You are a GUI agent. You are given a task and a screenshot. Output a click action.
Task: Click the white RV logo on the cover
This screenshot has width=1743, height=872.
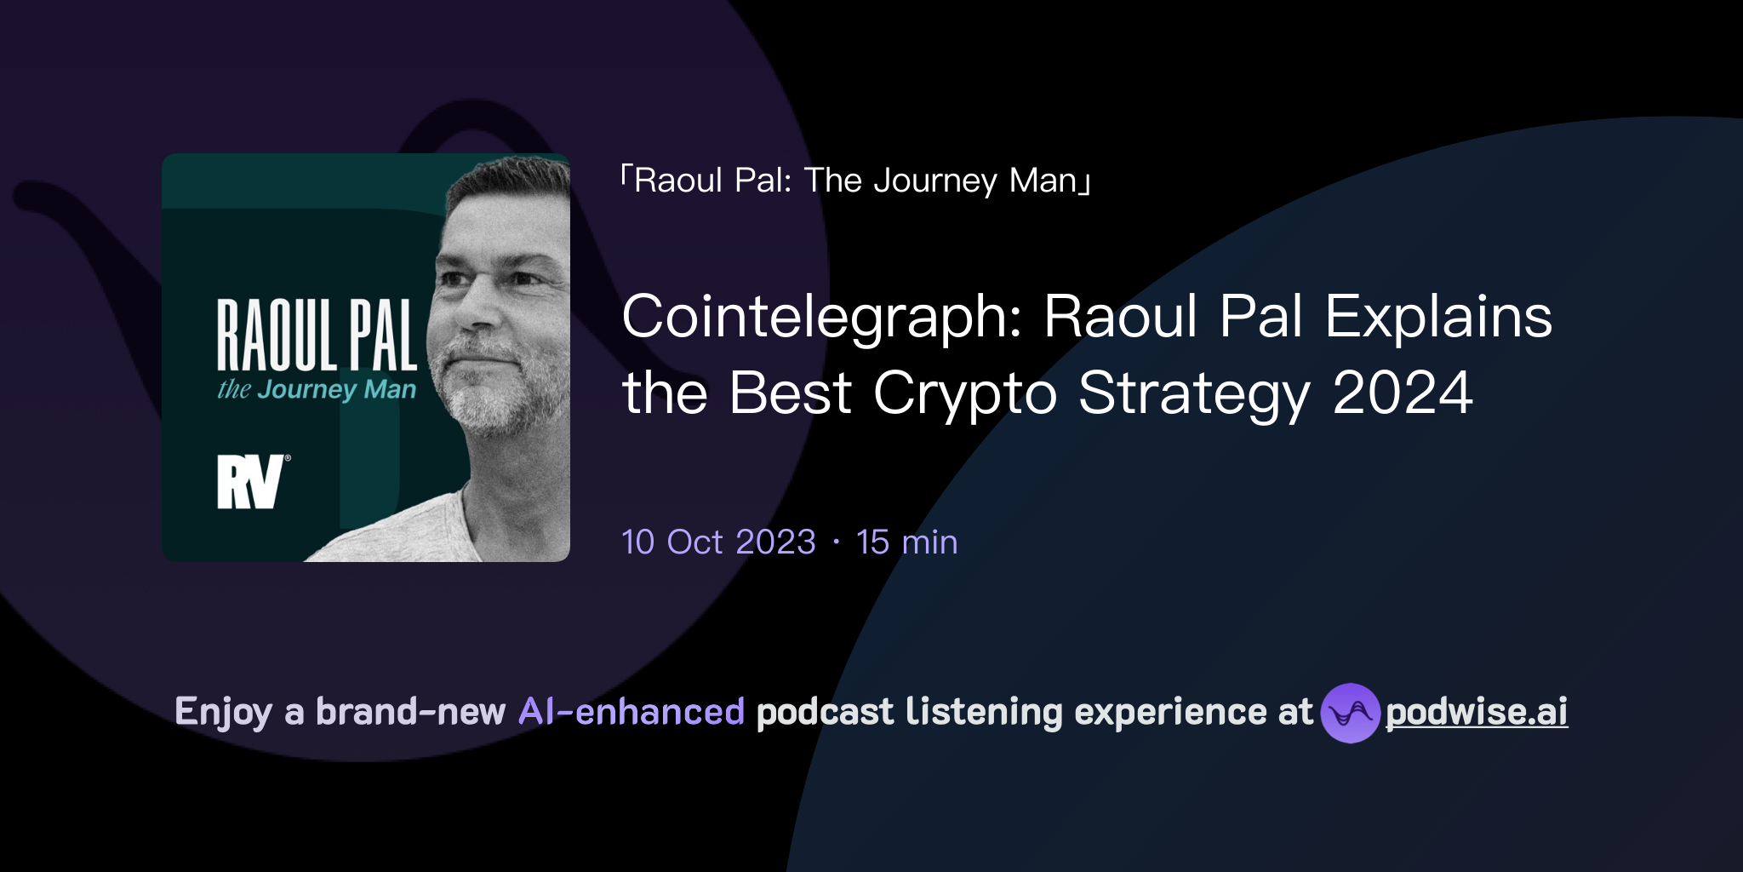pyautogui.click(x=250, y=482)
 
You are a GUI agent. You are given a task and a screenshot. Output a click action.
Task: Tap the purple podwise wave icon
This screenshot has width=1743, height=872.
pyautogui.click(x=1350, y=713)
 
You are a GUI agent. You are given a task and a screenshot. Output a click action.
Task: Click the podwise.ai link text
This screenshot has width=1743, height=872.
pyautogui.click(x=1477, y=712)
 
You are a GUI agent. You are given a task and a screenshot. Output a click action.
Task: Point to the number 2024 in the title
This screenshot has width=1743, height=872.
pyautogui.click(x=1403, y=393)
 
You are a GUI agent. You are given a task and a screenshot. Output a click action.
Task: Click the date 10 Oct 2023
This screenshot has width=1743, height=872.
pyautogui.click(x=718, y=542)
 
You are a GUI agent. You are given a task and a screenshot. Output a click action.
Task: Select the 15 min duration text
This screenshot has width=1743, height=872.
pyautogui.click(x=906, y=542)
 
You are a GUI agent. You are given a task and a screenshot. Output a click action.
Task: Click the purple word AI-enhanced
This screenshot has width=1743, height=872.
pyautogui.click(x=631, y=712)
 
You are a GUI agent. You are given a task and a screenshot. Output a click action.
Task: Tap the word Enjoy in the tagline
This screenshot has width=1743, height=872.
pyautogui.click(x=223, y=713)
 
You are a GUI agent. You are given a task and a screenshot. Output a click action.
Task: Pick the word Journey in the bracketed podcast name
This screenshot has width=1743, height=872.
pyautogui.click(x=935, y=181)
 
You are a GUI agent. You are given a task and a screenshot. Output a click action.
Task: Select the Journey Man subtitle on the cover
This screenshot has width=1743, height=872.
pyautogui.click(x=317, y=390)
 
